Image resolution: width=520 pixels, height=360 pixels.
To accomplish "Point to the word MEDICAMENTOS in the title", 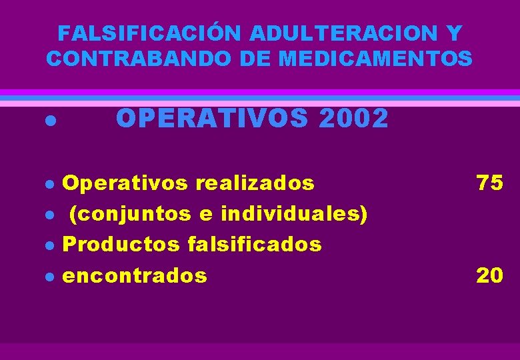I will (x=376, y=59).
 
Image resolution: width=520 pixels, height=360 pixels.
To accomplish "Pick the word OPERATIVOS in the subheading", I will (x=213, y=119).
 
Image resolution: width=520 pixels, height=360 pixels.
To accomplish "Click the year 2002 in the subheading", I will (x=354, y=119).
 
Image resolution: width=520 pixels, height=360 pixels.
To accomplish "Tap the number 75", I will (x=489, y=183).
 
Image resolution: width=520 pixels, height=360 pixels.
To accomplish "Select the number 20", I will (x=489, y=275).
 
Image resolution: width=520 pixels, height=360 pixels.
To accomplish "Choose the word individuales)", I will (x=294, y=214).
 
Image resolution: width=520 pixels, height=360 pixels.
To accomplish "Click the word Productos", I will (x=121, y=245).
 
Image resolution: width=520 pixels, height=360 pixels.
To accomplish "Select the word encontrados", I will (x=134, y=275).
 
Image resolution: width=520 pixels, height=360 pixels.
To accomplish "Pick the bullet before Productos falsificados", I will (x=48, y=246).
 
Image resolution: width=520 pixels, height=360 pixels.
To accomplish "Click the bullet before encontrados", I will (x=48, y=277).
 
